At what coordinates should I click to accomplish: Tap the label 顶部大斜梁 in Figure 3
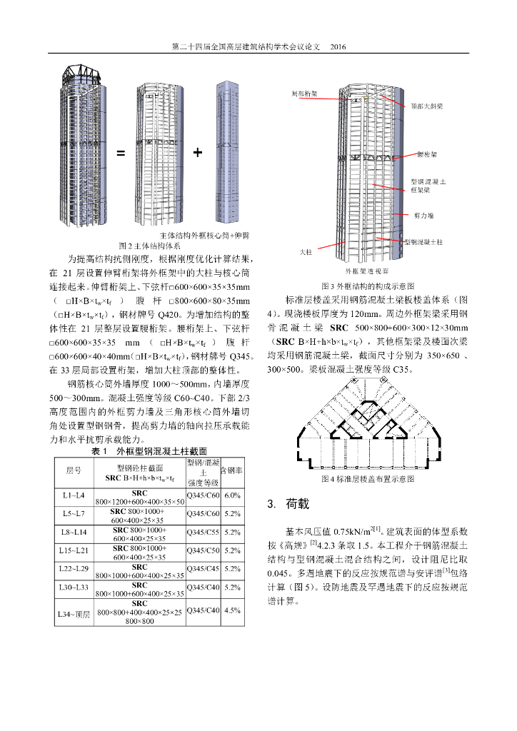tap(427, 106)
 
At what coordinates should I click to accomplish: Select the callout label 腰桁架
tap(426, 154)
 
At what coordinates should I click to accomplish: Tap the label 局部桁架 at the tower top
tap(305, 94)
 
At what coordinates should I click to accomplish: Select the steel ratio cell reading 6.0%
tap(232, 495)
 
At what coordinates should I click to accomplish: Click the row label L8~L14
tap(74, 533)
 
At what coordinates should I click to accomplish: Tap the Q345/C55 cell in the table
tap(202, 533)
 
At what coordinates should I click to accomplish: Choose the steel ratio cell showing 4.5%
tap(232, 610)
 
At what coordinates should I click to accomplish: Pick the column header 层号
tap(74, 470)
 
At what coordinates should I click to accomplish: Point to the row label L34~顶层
tap(74, 614)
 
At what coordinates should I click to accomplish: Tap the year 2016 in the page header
tap(337, 47)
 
